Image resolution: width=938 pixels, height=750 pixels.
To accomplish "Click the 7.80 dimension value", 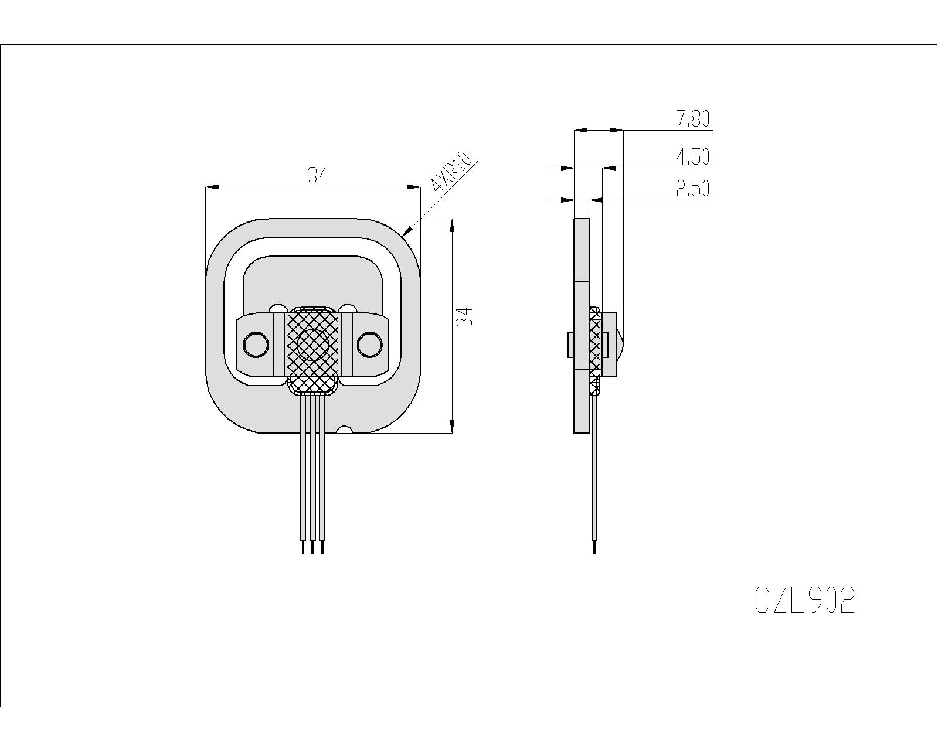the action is [x=693, y=119].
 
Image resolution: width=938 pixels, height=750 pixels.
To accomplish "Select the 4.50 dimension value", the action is [x=693, y=157].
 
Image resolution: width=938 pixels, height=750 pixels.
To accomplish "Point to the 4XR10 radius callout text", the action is [x=452, y=172].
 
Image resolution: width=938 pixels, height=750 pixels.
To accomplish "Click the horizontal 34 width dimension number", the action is [x=317, y=176].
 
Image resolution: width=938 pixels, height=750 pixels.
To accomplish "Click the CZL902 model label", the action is [x=804, y=600].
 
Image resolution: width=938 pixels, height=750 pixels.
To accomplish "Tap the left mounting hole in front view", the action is [x=256, y=345].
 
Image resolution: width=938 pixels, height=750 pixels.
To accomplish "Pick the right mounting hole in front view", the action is [x=369, y=345].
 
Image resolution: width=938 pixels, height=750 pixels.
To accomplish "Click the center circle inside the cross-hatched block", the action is [x=312, y=345].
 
